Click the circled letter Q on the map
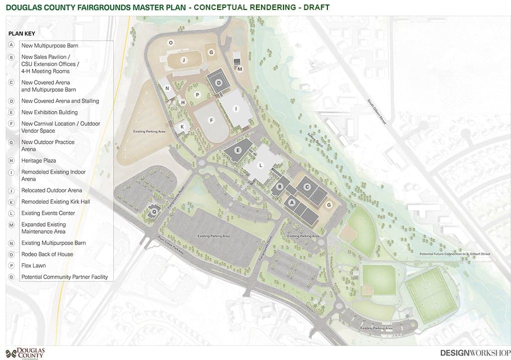[x=154, y=211]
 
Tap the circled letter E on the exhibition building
[x=238, y=150]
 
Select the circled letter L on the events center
[x=260, y=165]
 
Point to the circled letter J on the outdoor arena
[x=184, y=60]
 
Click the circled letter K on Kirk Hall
[x=182, y=127]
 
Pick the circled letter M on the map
[x=240, y=69]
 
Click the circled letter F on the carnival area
[x=211, y=120]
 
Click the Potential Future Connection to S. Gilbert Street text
[x=455, y=254]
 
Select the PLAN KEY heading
[x=21, y=34]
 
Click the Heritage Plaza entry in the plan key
[x=38, y=161]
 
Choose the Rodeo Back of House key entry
[x=47, y=254]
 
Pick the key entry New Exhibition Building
[x=49, y=112]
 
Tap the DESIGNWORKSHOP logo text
[x=475, y=353]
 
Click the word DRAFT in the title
[x=314, y=7]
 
